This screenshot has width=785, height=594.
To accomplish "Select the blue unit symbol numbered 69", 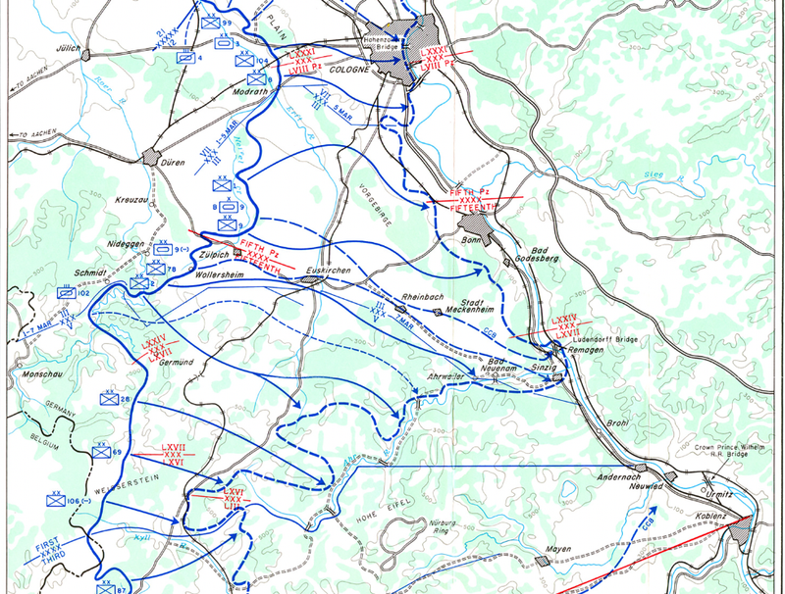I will pos(100,453).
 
